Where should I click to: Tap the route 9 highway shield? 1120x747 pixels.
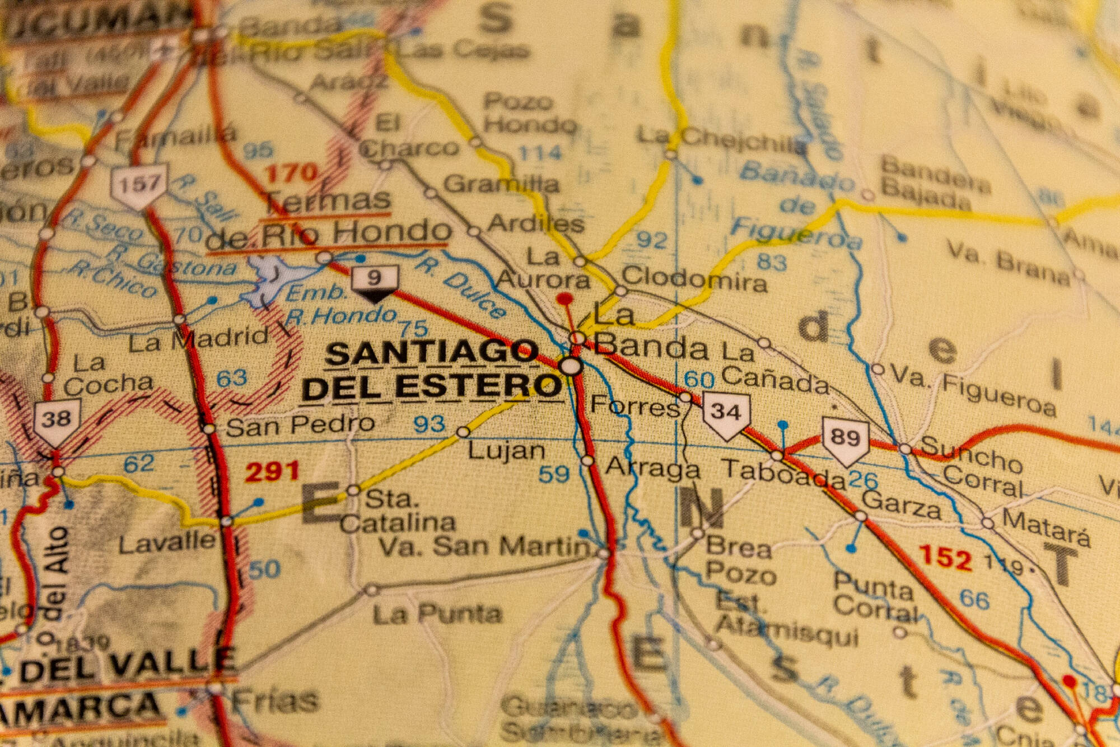[x=375, y=282]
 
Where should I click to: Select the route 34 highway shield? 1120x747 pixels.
[x=726, y=414]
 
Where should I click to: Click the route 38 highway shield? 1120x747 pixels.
[x=57, y=422]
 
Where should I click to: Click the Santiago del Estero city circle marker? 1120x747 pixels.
[x=571, y=367]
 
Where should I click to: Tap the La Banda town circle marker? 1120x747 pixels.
[x=577, y=338]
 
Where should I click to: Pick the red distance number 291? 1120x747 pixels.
[x=272, y=471]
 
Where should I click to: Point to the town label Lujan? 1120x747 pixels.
[x=506, y=450]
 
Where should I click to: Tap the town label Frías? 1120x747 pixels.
[x=275, y=700]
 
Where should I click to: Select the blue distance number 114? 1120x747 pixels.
[x=540, y=152]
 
